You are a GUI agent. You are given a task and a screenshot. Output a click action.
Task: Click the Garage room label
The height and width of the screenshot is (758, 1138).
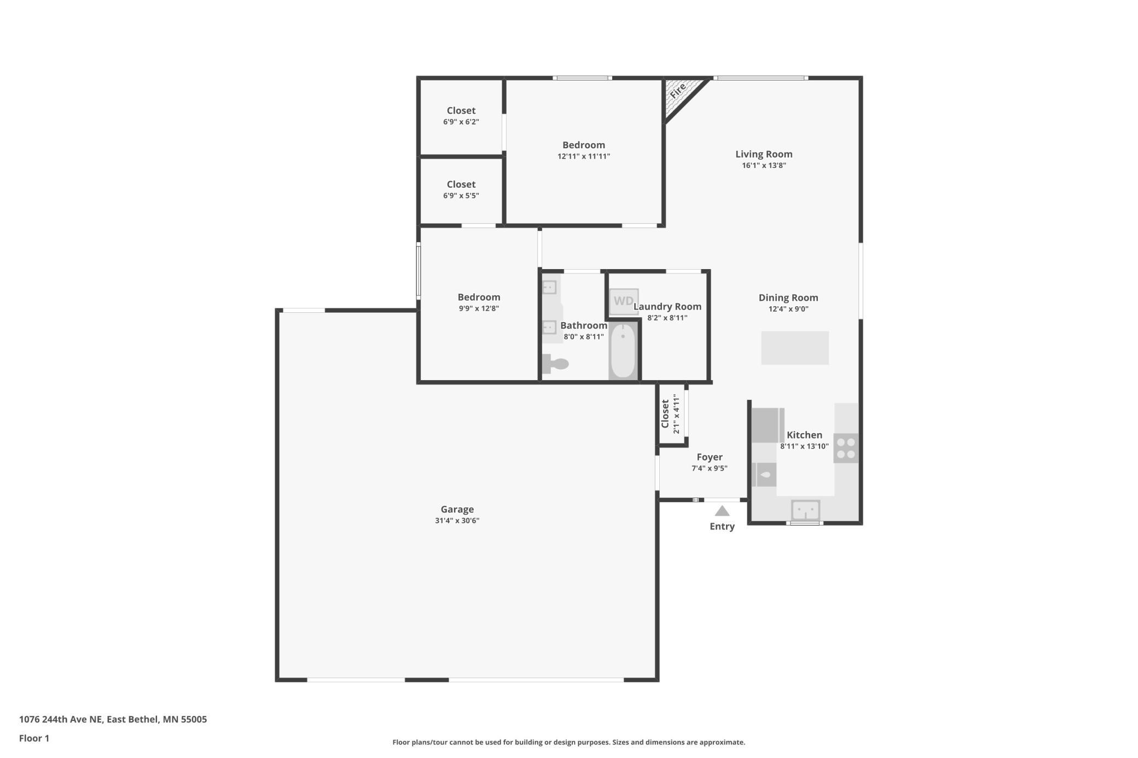[x=457, y=509]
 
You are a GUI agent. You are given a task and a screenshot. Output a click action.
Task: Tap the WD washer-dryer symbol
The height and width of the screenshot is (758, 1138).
[x=624, y=301]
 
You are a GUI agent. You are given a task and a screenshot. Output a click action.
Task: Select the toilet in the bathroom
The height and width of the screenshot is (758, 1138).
[x=555, y=364]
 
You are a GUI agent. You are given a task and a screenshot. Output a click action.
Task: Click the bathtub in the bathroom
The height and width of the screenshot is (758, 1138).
[x=623, y=351]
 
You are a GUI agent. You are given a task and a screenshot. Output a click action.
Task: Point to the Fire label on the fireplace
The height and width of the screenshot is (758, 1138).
[x=678, y=91]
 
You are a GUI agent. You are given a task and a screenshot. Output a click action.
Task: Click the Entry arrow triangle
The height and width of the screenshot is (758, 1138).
[x=722, y=511]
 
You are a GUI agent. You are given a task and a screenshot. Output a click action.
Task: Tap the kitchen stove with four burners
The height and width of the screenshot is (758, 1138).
[x=846, y=448]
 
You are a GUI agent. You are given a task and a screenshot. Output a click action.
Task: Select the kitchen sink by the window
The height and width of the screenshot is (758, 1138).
[x=805, y=510]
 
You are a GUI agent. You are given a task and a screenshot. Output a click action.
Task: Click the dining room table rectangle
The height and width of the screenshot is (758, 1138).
[x=795, y=348]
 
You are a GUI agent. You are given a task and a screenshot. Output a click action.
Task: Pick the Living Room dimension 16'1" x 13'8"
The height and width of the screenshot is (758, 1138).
[x=764, y=166]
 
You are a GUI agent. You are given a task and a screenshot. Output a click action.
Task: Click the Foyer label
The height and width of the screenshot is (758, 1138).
[x=710, y=457]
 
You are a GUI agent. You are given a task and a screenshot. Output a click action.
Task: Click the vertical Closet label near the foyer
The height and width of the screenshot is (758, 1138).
[x=665, y=414]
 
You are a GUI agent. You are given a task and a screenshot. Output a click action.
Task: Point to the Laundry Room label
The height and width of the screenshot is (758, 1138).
[x=667, y=307]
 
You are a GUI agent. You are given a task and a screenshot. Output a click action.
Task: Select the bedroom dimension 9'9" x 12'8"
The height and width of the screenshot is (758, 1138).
[x=479, y=308]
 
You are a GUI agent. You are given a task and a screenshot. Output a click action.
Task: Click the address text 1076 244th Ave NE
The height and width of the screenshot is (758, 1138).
[x=61, y=719]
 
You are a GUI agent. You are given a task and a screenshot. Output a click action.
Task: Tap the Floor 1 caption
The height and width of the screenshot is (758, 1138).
[x=34, y=738]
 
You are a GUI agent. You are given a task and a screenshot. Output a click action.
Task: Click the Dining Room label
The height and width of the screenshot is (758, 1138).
[x=788, y=298]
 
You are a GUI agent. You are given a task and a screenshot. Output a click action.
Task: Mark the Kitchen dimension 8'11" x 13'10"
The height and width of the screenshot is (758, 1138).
[x=804, y=446]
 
